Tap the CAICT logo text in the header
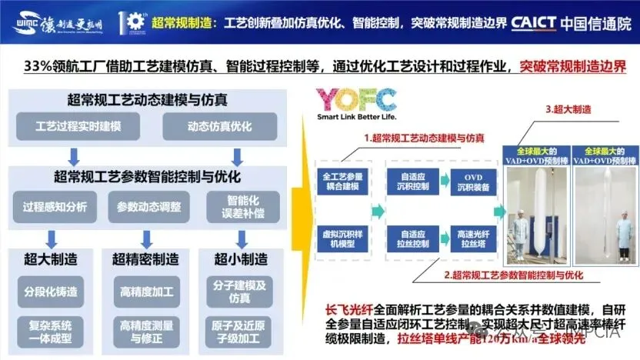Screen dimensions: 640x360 [544, 22]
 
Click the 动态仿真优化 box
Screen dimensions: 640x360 [208, 126]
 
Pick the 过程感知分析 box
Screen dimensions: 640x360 [55, 206]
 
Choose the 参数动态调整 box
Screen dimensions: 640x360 [149, 206]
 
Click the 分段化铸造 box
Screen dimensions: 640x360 [52, 292]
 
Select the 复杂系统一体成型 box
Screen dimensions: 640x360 [52, 332]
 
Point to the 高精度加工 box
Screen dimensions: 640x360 [146, 292]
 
